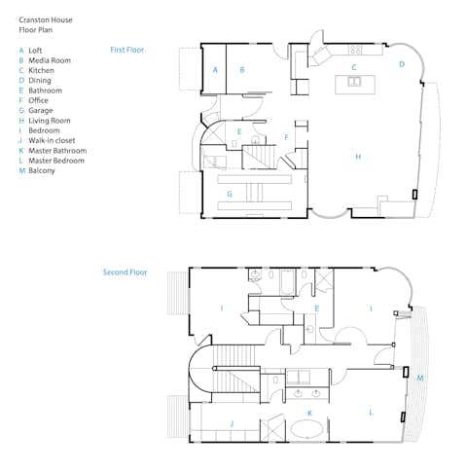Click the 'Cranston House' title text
[x=46, y=20]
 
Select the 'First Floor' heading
[x=126, y=50]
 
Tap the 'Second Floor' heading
[x=125, y=272]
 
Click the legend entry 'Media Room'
[x=50, y=60]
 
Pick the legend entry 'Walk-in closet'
[x=52, y=140]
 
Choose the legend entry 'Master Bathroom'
[x=57, y=151]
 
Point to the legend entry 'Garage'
[x=41, y=111]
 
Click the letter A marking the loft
[x=215, y=70]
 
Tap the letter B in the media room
[x=242, y=69]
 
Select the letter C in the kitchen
[x=354, y=67]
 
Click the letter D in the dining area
[x=402, y=64]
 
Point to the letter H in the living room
[x=358, y=157]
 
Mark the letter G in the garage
[x=230, y=194]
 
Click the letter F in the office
[x=286, y=137]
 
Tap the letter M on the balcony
[x=420, y=378]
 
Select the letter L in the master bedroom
[x=371, y=413]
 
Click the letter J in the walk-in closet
[x=232, y=423]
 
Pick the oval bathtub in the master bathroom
[x=306, y=429]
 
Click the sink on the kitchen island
[x=354, y=81]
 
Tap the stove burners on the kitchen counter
[x=355, y=50]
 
